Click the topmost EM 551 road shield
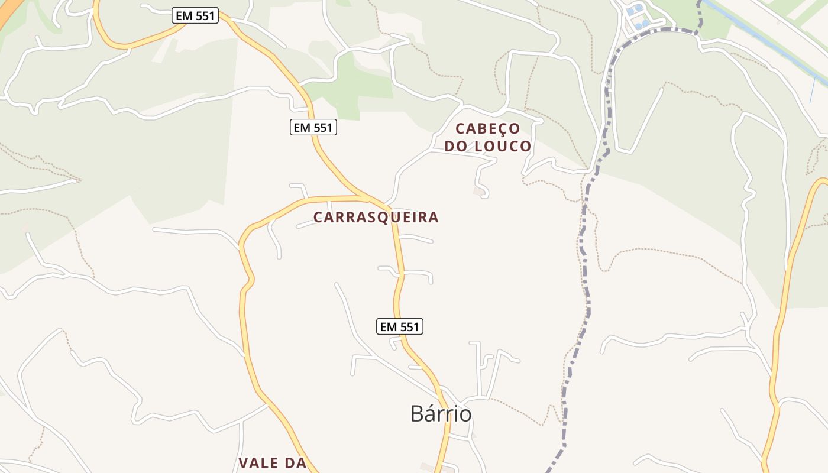tap(195, 16)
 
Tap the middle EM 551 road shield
tap(313, 127)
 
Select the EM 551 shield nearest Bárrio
tap(400, 326)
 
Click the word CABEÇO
tap(488, 128)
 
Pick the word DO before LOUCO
tap(457, 146)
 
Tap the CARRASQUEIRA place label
tap(376, 218)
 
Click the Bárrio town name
tap(441, 414)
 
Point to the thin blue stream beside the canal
tap(812, 89)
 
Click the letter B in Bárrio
tap(416, 414)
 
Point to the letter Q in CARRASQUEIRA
tap(378, 218)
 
